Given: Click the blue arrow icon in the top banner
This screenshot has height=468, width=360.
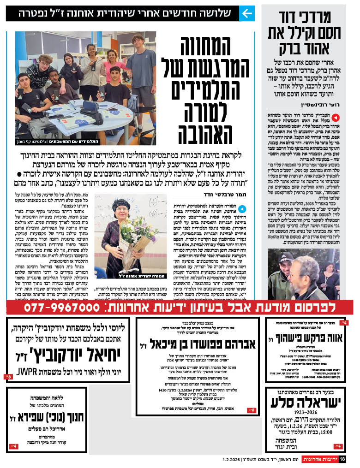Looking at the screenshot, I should (247, 13).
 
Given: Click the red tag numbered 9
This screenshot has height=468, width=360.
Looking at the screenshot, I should (252, 409).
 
